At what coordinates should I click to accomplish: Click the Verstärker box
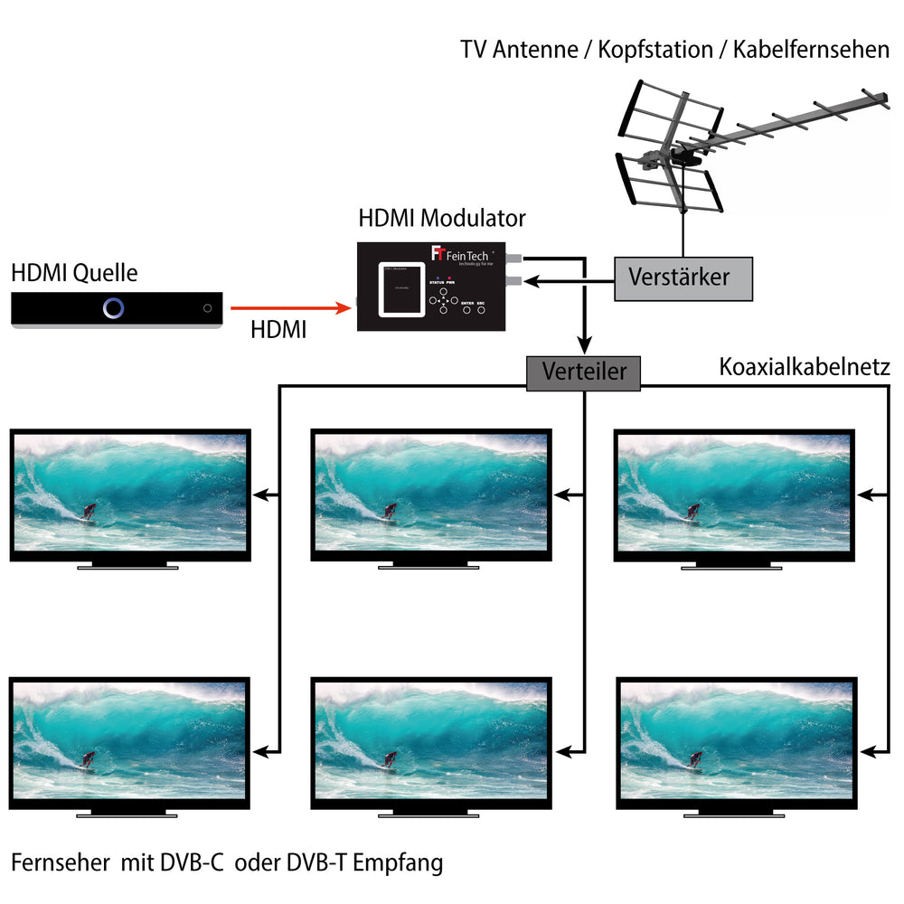pyautogui.click(x=683, y=277)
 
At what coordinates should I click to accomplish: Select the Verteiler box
pyautogui.click(x=583, y=372)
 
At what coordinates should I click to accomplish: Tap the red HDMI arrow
pyautogui.click(x=289, y=308)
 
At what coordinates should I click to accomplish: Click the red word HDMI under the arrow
pyautogui.click(x=278, y=332)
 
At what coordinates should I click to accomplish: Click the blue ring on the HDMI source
pyautogui.click(x=113, y=308)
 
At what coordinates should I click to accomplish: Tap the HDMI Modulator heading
pyautogui.click(x=442, y=218)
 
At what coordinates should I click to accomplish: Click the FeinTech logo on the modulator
pyautogui.click(x=461, y=256)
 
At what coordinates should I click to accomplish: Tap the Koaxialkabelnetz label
pyautogui.click(x=805, y=367)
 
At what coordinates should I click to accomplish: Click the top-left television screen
pyautogui.click(x=129, y=492)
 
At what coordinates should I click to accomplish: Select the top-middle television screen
pyautogui.click(x=431, y=492)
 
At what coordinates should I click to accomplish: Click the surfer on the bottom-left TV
pyautogui.click(x=88, y=758)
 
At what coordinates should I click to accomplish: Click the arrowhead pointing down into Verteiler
pyautogui.click(x=585, y=346)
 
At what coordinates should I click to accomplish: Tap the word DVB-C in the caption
pyautogui.click(x=193, y=863)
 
